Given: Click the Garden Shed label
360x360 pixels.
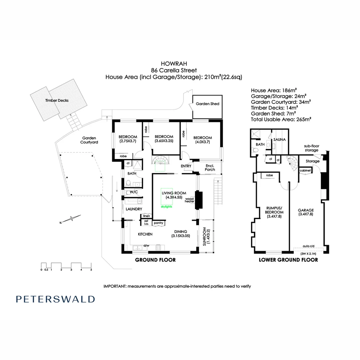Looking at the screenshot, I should point(207,104).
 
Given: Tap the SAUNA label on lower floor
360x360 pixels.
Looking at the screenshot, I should point(279,139).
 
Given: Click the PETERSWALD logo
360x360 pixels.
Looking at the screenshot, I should point(55,299).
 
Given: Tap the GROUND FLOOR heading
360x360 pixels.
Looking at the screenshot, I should point(155,260).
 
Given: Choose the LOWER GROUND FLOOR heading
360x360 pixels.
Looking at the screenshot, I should point(288,260).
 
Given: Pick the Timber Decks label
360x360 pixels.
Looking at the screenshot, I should point(57,100).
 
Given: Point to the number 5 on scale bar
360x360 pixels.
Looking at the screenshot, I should point(91,269).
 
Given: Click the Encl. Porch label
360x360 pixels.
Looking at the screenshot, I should point(210,167).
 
